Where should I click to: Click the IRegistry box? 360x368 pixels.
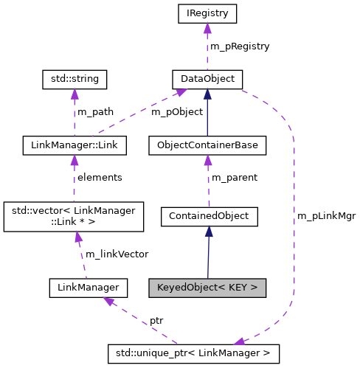click(207, 13)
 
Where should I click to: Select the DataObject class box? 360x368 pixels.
click(207, 78)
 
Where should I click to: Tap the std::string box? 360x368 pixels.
click(74, 78)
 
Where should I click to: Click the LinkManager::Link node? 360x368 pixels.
click(74, 145)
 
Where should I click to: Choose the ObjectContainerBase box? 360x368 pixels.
click(207, 145)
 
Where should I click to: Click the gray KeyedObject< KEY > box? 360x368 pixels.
click(207, 287)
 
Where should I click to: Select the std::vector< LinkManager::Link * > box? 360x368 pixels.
click(75, 215)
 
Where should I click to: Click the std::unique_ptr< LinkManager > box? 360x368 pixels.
click(193, 353)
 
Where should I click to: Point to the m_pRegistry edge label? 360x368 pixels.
click(240, 46)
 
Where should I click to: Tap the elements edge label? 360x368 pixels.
click(100, 178)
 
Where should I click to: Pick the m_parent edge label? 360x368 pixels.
click(234, 178)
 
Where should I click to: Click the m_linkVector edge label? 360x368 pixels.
click(117, 254)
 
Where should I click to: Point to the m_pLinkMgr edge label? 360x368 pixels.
click(326, 216)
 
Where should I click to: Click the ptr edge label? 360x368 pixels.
click(157, 322)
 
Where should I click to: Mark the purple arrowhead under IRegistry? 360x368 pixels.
click(207, 28)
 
